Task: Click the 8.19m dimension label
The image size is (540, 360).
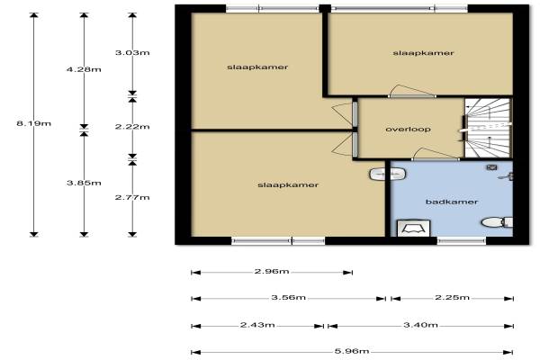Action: point(34,123)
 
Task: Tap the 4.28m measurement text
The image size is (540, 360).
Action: point(84,69)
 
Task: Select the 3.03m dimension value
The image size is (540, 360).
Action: point(132,53)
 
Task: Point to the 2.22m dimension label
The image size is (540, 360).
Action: point(132,127)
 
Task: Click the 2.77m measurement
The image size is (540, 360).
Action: point(132,197)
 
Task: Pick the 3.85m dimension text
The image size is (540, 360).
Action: point(84,183)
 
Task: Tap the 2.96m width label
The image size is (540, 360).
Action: point(272,272)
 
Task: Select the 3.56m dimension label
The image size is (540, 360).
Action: point(289,297)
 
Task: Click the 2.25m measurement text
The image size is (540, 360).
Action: point(452,297)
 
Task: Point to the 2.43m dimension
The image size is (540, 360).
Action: point(257,325)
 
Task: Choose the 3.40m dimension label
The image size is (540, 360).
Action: point(420,325)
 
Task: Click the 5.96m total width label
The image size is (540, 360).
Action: point(352,351)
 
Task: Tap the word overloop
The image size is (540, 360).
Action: point(408,130)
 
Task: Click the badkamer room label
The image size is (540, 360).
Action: point(452,202)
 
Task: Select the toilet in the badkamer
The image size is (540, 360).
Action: point(498,222)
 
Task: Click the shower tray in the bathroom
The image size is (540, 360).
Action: point(414,229)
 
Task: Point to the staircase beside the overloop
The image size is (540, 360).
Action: point(487,128)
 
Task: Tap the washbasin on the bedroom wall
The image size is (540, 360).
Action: point(387,174)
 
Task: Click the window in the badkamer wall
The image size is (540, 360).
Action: point(462,241)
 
